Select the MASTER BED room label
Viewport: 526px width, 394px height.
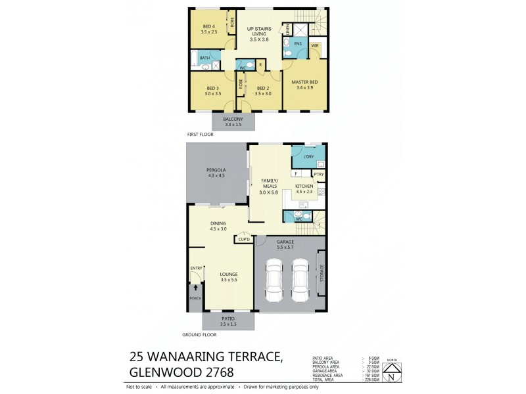pos(304,82)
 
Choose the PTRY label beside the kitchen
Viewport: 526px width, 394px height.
pos(318,174)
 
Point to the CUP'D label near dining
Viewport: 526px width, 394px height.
pos(243,240)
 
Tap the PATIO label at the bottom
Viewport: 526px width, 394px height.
pos(228,318)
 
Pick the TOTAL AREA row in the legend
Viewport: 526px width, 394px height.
pos(327,380)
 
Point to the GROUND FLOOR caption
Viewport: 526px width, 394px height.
pos(201,334)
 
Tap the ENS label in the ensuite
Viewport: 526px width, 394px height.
pos(298,44)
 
